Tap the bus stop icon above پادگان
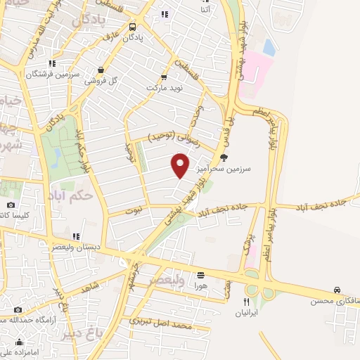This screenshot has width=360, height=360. [x=133, y=27]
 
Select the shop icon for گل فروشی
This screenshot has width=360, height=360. [x=103, y=70]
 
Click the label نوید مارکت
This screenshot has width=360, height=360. [x=164, y=89]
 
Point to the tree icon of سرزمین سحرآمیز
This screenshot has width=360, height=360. [x=224, y=157]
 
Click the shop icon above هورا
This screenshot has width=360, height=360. [x=201, y=275]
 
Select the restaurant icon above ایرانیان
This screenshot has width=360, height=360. [x=245, y=301]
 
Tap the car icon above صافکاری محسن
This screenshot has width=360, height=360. [x=337, y=290]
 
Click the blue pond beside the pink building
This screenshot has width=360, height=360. [x=269, y=47]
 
